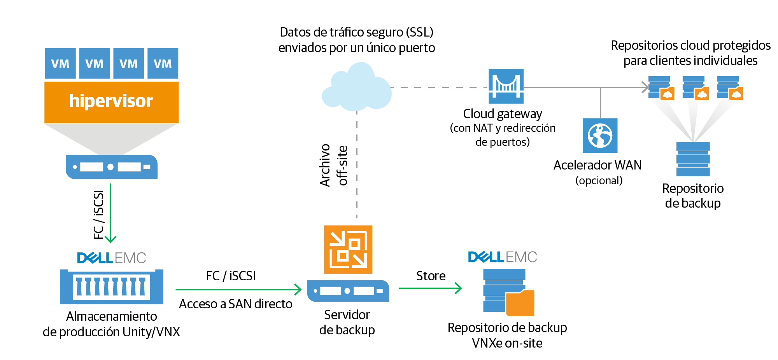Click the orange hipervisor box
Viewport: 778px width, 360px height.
pos(111,102)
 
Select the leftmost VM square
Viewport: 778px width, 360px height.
pos(60,63)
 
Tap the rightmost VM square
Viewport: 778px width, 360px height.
pos(163,63)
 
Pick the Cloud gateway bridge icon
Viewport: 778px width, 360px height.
pos(506,86)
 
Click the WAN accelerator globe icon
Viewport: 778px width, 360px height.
pos(600,135)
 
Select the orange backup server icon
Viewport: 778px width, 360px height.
pos(348,249)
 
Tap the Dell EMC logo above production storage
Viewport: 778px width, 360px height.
pos(112,258)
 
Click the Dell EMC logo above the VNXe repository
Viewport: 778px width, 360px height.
pos(502,257)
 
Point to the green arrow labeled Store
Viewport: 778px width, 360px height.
pos(430,288)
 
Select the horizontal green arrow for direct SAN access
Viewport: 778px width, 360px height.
pos(238,289)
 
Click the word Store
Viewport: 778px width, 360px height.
pos(431,276)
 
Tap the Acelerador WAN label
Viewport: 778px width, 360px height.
pos(598,165)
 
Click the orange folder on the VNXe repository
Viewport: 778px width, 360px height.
pos(520,303)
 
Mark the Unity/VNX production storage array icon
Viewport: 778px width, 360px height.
pos(112,287)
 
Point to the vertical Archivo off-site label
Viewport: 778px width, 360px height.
pos(333,165)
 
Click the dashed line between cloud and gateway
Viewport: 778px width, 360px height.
pos(439,87)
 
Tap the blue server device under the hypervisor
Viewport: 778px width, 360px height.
pos(112,167)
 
